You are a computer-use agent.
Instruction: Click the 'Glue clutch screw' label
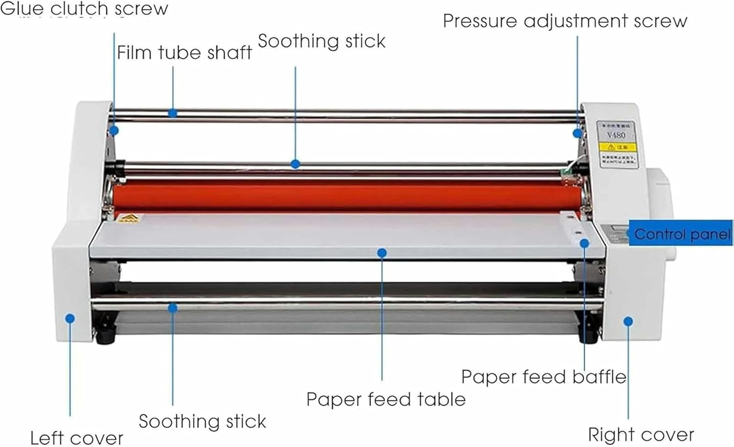click(84, 9)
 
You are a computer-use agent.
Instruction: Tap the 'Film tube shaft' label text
click(184, 53)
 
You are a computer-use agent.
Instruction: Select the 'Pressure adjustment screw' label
click(565, 21)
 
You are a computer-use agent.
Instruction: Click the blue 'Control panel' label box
click(681, 234)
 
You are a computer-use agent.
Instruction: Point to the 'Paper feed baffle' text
click(543, 377)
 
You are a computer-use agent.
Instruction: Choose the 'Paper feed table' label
click(386, 400)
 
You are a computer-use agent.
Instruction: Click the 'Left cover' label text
click(76, 438)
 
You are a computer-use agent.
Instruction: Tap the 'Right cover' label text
click(641, 435)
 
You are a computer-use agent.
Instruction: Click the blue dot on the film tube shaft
click(172, 114)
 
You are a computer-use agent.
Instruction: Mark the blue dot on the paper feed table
click(382, 253)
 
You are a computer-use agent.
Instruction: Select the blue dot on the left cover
click(70, 319)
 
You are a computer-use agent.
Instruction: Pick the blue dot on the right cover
click(628, 321)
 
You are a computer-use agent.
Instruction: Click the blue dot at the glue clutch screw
click(114, 130)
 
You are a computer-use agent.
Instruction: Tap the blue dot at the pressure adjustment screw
click(577, 133)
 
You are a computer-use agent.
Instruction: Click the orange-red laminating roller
click(343, 196)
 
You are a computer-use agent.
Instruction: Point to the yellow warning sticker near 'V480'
click(618, 147)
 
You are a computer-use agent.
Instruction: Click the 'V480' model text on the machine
click(616, 135)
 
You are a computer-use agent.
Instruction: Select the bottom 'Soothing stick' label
click(202, 422)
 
